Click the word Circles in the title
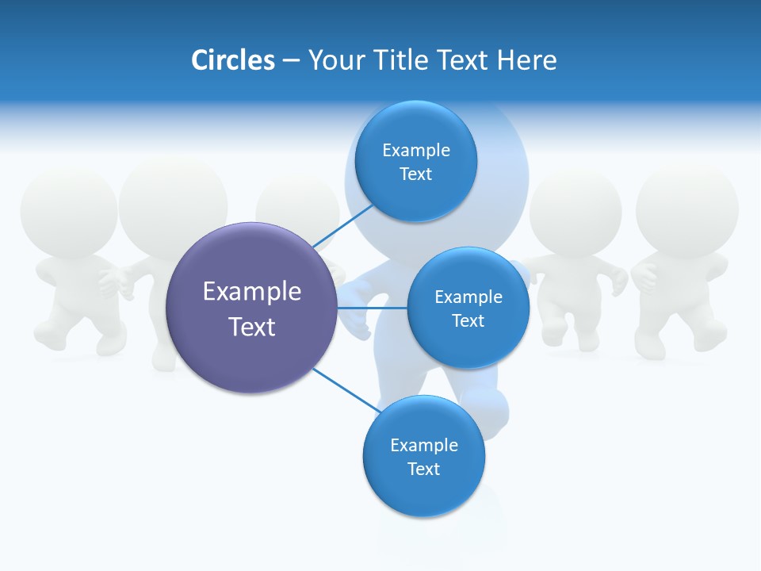(x=233, y=60)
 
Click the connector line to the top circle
(x=344, y=225)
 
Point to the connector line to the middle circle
(x=373, y=308)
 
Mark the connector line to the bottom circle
(x=346, y=390)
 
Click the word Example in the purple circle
(x=252, y=292)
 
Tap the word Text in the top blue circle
(x=416, y=174)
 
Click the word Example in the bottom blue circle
(x=424, y=446)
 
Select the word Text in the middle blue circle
(x=468, y=321)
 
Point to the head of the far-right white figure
(x=687, y=208)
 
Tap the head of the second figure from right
(x=576, y=211)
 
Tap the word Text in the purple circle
(x=252, y=327)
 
